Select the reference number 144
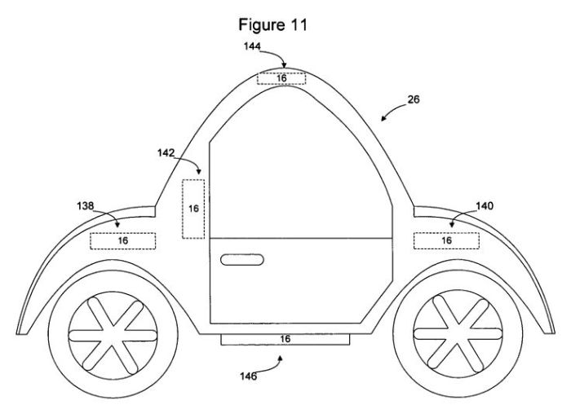pos(252,48)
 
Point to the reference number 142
pos(166,152)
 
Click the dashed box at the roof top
pos(282,78)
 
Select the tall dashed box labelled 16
pos(193,209)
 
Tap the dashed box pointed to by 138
pos(122,240)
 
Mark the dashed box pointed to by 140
pos(446,240)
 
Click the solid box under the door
pos(285,338)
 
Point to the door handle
pos(242,260)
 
